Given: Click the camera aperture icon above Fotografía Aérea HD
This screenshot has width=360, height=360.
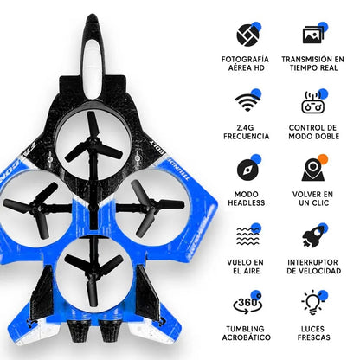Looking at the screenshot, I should [x=247, y=34].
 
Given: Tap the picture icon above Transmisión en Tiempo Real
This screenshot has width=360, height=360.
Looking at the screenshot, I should [x=313, y=34].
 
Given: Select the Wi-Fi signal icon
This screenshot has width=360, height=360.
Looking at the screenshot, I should [x=247, y=103].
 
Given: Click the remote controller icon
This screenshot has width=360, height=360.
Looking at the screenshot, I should [x=313, y=103].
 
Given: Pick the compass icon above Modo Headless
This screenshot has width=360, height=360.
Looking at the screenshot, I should [x=247, y=169].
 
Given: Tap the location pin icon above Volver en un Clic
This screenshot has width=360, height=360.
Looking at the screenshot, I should [x=313, y=169].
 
